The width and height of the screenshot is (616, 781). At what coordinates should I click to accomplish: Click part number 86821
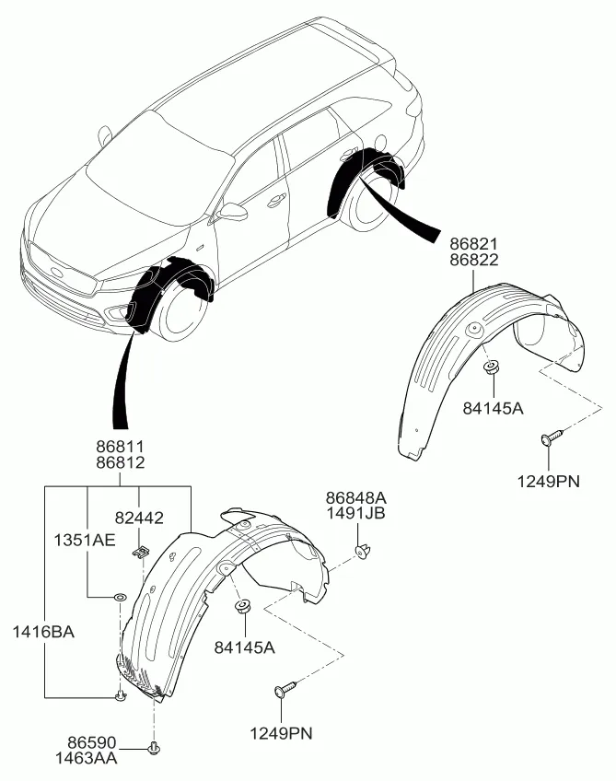[474, 243]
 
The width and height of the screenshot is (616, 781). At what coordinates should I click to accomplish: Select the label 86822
[474, 260]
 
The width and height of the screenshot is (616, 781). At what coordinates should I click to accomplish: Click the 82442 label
[139, 519]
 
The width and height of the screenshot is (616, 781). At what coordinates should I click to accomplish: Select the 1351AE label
[89, 541]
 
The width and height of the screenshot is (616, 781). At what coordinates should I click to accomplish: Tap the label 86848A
[355, 496]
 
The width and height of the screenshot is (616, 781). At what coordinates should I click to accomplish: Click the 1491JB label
[355, 513]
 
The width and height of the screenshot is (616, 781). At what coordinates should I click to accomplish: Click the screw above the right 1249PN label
[550, 439]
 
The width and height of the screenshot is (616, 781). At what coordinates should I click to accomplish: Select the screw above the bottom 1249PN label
[285, 689]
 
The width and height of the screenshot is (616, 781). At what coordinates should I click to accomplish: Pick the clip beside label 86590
[153, 746]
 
